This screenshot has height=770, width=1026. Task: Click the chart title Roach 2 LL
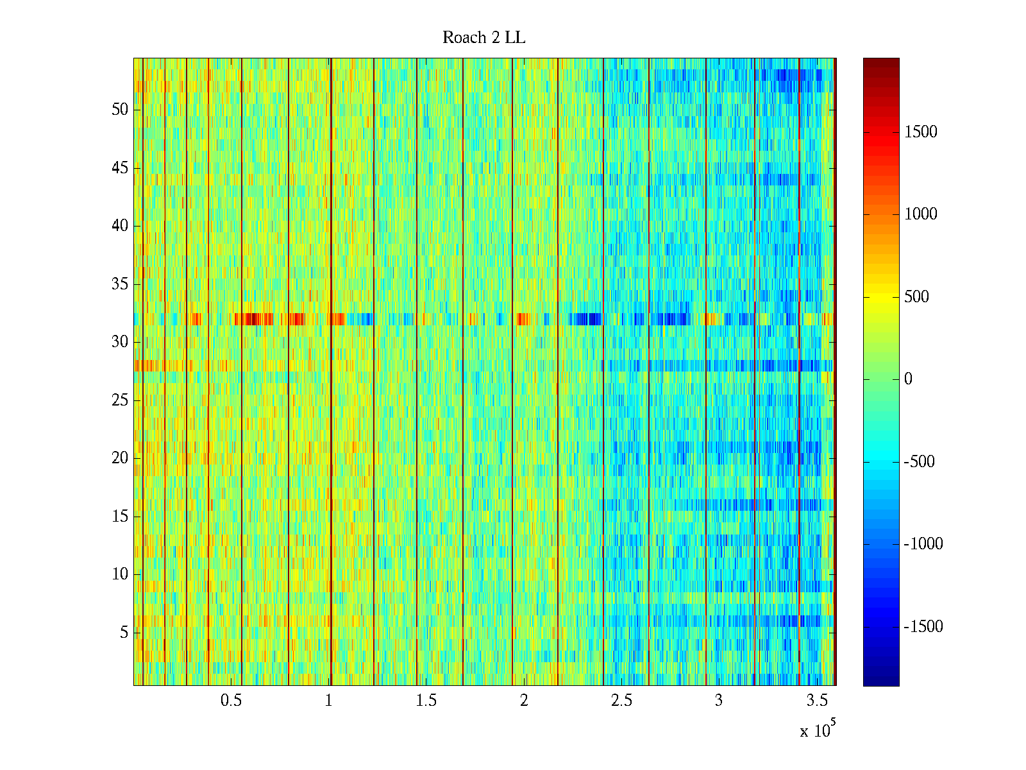tap(484, 38)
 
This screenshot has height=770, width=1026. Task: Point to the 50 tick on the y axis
tap(120, 110)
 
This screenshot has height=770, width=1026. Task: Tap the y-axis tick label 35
tap(120, 284)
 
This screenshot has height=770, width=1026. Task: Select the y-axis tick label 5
tap(124, 633)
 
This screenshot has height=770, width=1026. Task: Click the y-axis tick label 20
tap(120, 458)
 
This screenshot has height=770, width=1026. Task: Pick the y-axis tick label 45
tap(120, 168)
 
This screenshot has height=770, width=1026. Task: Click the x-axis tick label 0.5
tap(231, 701)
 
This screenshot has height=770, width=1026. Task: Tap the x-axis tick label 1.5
tap(426, 701)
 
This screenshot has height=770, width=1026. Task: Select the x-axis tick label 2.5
tap(621, 701)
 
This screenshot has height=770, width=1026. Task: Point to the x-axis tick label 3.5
tap(816, 701)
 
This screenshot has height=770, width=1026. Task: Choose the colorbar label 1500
tap(920, 132)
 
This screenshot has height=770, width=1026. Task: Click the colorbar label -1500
tap(923, 627)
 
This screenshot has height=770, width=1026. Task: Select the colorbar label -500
tap(919, 462)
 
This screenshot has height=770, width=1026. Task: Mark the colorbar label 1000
tap(920, 214)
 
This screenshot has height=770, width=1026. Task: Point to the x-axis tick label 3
tap(719, 701)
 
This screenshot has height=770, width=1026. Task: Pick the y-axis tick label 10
tap(120, 574)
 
